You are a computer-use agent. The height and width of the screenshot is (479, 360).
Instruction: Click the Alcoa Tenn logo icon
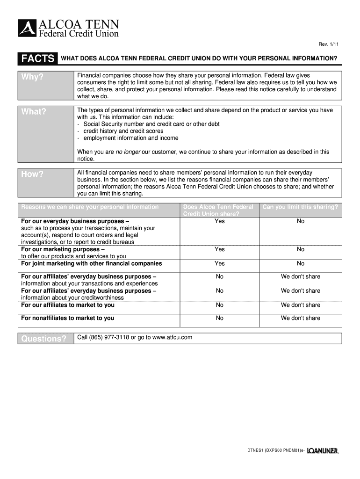tap(27, 28)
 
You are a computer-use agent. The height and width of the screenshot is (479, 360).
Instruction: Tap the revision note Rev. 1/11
tap(329, 44)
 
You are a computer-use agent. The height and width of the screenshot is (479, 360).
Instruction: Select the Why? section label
tap(32, 77)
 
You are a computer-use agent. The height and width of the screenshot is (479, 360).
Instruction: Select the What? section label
tap(34, 112)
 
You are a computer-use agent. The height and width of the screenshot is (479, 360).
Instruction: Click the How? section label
tap(32, 174)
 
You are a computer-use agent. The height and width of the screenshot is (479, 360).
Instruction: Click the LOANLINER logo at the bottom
tap(323, 451)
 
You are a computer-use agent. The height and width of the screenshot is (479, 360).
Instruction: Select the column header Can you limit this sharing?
tap(300, 207)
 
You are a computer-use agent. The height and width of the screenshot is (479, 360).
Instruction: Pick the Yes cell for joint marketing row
tap(219, 263)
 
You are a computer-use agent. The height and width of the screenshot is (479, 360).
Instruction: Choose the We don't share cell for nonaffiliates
tap(300, 318)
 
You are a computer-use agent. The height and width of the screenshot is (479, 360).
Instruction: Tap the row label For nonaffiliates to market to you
tap(68, 318)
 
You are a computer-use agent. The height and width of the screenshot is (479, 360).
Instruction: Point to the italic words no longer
tap(128, 152)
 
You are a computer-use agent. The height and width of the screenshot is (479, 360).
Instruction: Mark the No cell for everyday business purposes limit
tap(300, 221)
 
